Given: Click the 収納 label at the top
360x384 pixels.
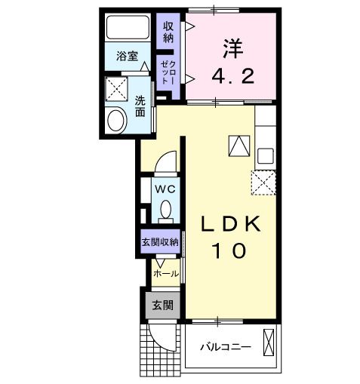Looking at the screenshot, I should (168, 32).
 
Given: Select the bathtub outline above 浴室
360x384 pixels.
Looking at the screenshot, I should (128, 29).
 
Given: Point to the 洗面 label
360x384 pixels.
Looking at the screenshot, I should (140, 106).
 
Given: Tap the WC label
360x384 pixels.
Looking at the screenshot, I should (165, 189).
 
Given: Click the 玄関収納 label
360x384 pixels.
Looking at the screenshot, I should (160, 242).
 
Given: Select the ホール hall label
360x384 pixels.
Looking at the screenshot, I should (166, 274).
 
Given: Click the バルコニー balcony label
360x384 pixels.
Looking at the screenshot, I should (226, 347).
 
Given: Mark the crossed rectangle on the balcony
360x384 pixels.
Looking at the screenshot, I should (269, 343).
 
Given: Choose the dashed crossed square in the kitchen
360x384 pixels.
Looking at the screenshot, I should (263, 182).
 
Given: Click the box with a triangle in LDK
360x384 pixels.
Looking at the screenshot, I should (238, 145).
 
